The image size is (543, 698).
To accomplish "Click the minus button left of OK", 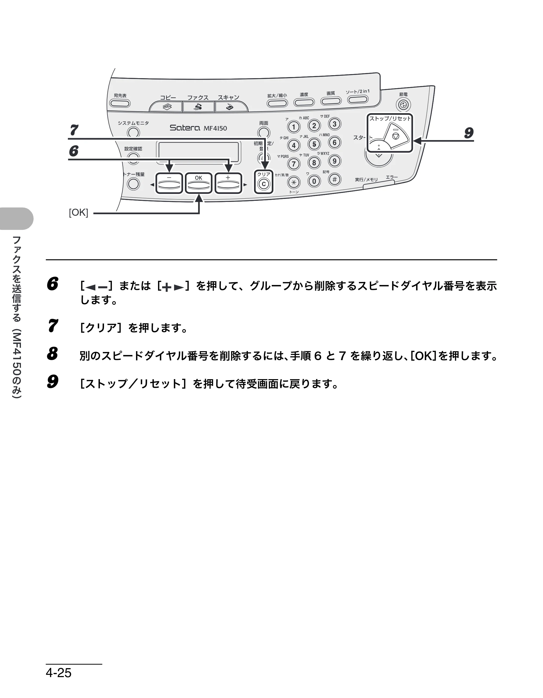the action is coord(169,183).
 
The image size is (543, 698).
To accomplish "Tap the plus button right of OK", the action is coord(228,183).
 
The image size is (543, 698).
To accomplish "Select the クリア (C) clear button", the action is coord(264,184).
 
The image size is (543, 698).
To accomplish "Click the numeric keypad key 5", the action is coord(314,144).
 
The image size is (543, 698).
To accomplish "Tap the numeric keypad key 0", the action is coord(314,181).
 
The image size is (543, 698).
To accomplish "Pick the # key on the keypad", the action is coord(334,179).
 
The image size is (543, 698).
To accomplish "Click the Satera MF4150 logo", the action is coord(198,128).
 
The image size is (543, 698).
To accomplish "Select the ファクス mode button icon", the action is coord(198,107).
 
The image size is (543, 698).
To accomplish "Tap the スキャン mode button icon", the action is coord(230,107).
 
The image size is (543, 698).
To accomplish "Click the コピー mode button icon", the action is coord(167,107).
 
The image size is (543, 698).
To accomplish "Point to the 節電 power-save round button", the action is coord(403,105).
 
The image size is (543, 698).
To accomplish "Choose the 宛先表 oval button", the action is coord(120,103).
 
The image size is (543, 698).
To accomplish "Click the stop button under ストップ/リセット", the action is coord(396,136).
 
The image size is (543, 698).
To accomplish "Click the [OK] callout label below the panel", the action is coord(78,212).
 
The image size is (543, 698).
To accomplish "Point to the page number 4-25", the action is coord(59,673).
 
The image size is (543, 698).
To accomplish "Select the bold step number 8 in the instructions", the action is coord(52,354).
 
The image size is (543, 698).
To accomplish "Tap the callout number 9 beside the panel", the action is coord(469,133).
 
